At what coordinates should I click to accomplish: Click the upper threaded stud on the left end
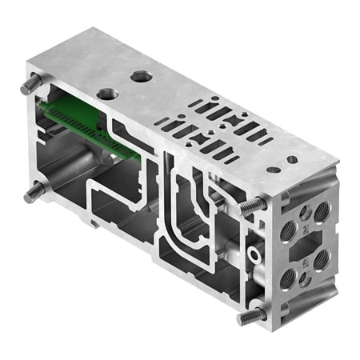tap(30, 82)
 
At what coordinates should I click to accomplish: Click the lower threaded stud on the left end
tap(34, 192)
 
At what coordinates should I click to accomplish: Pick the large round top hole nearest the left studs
tap(106, 93)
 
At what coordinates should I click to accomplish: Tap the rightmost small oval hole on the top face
tap(292, 159)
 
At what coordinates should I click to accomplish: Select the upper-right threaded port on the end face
tap(322, 209)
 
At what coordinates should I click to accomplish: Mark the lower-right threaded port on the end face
tap(322, 260)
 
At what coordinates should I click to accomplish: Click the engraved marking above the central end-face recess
tap(305, 226)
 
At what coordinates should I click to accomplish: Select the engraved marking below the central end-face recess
tap(306, 261)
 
